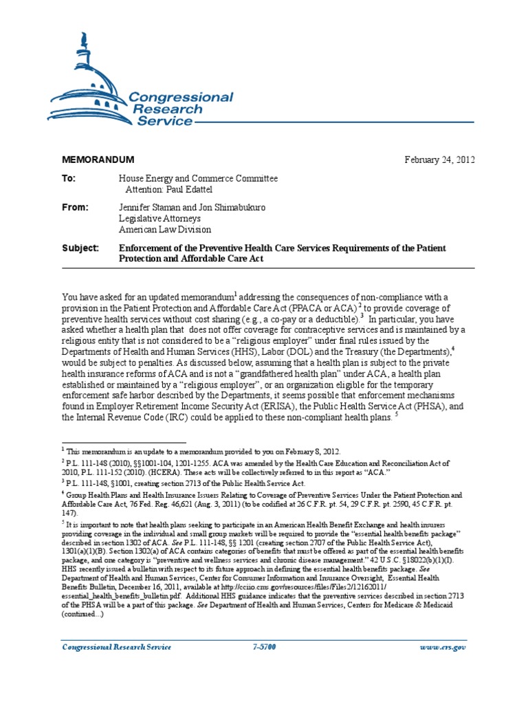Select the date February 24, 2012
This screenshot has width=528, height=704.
[439, 159]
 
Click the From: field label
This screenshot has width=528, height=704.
[75, 207]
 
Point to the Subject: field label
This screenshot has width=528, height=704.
[80, 247]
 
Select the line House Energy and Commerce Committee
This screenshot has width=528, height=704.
[199, 179]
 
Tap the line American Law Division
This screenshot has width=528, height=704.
[165, 229]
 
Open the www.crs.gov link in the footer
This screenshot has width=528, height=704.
[447, 648]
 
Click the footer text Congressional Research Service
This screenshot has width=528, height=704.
[117, 648]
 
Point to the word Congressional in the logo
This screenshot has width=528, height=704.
[181, 98]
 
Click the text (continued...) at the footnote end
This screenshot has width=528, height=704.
[85, 614]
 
